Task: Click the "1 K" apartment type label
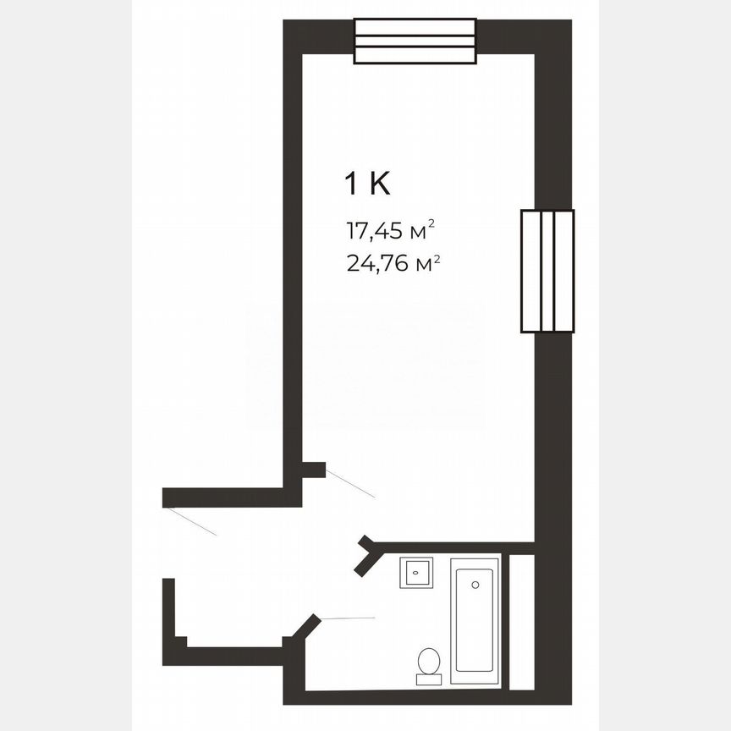pos(367,184)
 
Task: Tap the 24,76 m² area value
pos(393,263)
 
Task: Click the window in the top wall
pos(415,41)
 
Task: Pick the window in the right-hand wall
pos(547,271)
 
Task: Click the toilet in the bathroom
pos(428,666)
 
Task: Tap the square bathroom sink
pos(417,573)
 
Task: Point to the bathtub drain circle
pos(475,585)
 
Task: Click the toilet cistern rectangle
pos(428,679)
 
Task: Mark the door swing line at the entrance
pos(191,521)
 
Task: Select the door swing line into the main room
pos(350,484)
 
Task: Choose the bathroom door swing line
pos(348,618)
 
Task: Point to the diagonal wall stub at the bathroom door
pos(306,627)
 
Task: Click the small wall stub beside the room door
pos(313,470)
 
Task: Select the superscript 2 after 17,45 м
pos(431,223)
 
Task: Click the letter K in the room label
pos(380,184)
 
